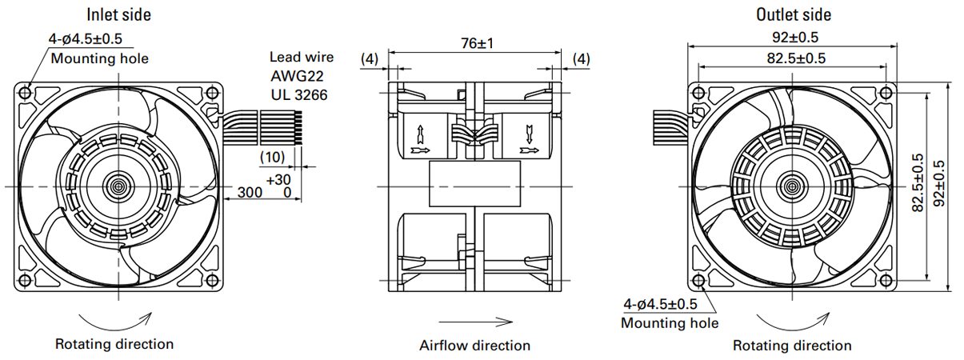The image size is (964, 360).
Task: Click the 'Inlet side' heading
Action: point(118,15)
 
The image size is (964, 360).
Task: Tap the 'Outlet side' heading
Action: point(794,15)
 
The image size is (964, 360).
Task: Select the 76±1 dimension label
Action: point(478,43)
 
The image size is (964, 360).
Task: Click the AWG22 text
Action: point(297,76)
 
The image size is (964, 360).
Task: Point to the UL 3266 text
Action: point(299,94)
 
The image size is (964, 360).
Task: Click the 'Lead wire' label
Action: point(302,57)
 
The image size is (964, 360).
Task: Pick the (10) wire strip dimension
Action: point(273,157)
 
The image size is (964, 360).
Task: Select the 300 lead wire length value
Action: point(250,192)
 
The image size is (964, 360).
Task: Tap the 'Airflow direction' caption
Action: point(474,346)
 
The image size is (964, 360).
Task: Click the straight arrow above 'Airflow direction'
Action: point(475,322)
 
